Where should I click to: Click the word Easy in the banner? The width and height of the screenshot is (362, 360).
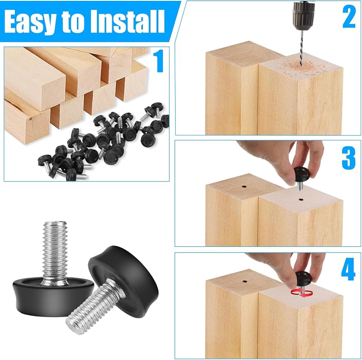coord(30,22)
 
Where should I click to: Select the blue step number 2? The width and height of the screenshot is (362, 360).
coord(348,16)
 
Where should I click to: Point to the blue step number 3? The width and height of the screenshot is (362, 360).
coord(348,158)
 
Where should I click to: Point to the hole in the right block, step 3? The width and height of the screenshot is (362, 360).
coord(300,199)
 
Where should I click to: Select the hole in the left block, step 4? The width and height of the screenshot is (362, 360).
coord(245,282)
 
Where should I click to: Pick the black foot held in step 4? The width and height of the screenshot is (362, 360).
coord(303,277)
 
